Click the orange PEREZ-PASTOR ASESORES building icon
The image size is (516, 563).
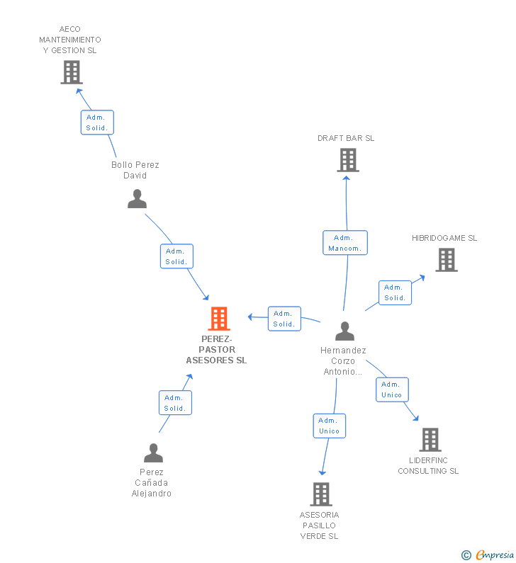(219, 319)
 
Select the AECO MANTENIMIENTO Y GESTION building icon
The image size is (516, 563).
(72, 72)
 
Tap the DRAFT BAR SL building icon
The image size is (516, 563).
(348, 160)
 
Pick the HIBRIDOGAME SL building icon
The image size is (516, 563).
(447, 260)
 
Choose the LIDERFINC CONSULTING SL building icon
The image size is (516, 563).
(430, 440)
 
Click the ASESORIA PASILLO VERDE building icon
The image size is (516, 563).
(321, 494)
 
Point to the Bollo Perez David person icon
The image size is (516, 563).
(138, 199)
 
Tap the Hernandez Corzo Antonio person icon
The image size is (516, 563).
(345, 331)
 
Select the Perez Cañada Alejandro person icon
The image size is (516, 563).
(153, 453)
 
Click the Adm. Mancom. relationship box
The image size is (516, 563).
(345, 243)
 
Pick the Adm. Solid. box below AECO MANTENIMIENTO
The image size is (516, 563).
(97, 123)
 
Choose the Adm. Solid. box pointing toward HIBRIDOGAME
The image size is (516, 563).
(395, 292)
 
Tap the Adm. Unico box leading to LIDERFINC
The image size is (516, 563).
(392, 389)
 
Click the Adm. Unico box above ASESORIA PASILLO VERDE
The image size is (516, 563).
(329, 426)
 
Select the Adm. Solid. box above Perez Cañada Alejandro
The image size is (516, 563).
(175, 402)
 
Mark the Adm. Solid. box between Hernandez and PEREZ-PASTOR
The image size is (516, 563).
(284, 319)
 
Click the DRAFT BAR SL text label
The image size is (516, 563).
(346, 138)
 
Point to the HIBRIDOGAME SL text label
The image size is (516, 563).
(444, 238)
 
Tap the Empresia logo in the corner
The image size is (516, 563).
(488, 555)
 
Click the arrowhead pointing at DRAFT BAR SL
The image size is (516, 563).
(346, 178)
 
